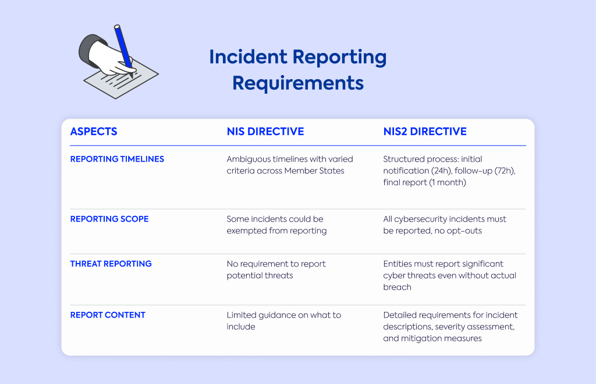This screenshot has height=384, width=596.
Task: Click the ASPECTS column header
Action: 94,131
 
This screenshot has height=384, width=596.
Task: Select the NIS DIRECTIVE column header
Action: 265,131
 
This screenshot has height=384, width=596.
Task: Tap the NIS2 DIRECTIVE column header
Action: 424,131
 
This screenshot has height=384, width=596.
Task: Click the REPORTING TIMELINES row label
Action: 117,159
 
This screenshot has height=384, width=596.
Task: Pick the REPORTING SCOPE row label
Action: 109,219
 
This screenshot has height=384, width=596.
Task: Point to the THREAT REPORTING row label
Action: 111,264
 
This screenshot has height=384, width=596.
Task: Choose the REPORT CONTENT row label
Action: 108,315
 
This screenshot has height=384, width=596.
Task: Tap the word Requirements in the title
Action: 298,83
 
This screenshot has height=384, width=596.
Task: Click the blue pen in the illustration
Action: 124,49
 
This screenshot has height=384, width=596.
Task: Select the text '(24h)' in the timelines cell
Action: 441,171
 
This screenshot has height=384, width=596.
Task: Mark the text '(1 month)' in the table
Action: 448,182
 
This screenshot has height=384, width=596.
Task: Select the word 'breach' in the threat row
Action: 397,287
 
